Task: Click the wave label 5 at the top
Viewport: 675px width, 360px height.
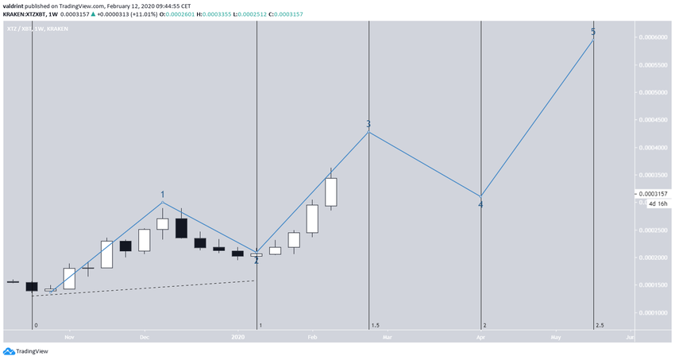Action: pos(593,32)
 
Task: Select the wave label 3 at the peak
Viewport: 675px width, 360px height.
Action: pos(368,124)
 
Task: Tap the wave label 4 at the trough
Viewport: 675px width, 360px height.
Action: pos(480,205)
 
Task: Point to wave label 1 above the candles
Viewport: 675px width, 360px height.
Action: pos(163,194)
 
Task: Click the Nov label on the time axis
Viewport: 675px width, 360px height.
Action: pos(69,338)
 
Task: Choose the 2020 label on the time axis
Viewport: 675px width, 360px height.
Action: pos(238,338)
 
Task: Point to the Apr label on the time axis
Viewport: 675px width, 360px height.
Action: pos(480,338)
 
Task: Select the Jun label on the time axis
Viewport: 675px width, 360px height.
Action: pos(629,338)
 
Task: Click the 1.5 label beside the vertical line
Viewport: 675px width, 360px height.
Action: pos(375,325)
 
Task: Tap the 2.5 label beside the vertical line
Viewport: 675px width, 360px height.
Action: pos(600,325)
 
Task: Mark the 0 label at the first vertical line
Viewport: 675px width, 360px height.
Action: pos(36,325)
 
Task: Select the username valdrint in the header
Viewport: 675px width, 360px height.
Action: pos(16,4)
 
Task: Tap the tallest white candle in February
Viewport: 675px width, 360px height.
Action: pos(331,192)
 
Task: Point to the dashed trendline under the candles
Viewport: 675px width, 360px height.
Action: pos(143,288)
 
